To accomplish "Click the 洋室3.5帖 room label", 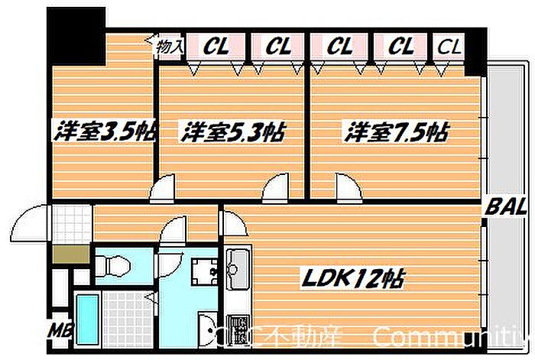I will pos(103,131).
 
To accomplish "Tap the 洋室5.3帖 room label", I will pos(233,131).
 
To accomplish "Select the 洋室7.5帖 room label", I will pos(395,131).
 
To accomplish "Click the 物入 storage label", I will pos(169,47).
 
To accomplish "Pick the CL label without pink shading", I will pos(449,47).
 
